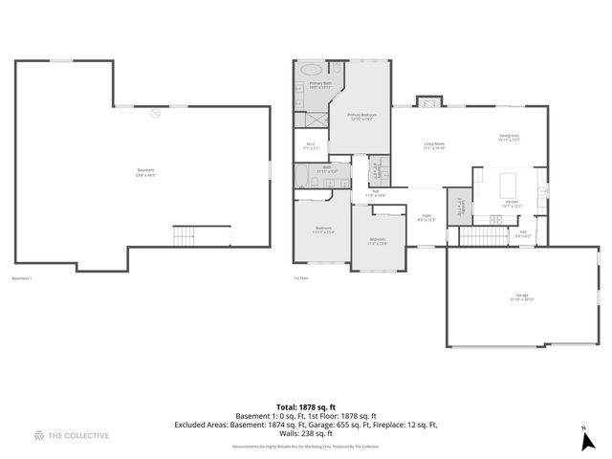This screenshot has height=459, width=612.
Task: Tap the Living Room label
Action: point(435,146)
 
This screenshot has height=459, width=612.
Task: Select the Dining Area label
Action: point(509,138)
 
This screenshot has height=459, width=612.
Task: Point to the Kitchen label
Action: point(512,204)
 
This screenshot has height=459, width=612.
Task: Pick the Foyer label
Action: point(426,217)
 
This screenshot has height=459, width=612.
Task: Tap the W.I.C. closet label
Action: point(311,147)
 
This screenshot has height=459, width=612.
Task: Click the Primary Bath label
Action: point(320,85)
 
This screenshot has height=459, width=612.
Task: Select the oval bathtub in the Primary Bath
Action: point(313,70)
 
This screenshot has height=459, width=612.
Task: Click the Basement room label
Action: point(146,172)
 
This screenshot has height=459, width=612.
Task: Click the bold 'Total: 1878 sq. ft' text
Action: point(305,406)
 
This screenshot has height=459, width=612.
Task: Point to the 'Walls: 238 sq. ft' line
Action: point(305,432)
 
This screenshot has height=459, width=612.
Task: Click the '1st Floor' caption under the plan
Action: point(300,279)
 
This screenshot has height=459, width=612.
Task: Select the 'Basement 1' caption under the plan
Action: point(22,279)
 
